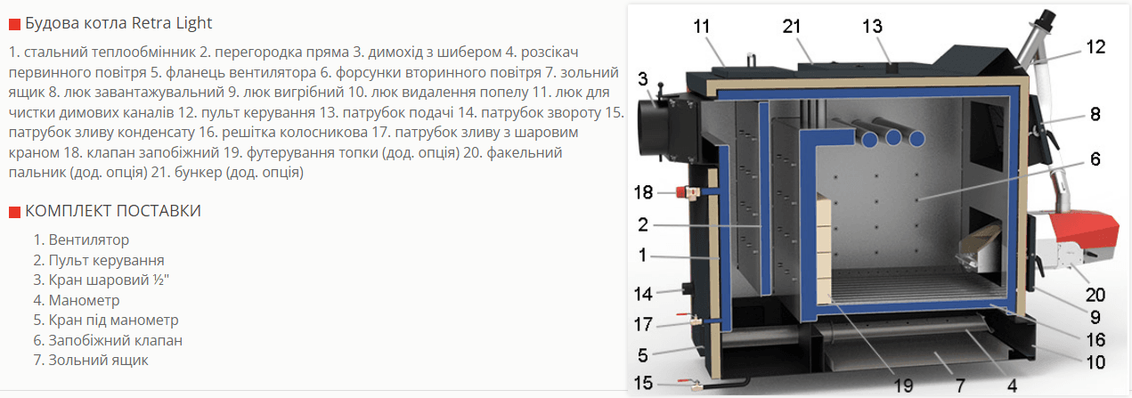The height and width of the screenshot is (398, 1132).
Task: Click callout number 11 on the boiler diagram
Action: pyautogui.click(x=702, y=26)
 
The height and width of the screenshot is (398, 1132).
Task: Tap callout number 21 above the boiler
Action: pyautogui.click(x=792, y=26)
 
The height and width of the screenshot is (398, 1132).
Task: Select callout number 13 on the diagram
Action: pyautogui.click(x=872, y=26)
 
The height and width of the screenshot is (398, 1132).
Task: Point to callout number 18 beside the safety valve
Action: pyautogui.click(x=643, y=192)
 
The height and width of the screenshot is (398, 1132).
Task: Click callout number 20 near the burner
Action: pyautogui.click(x=1095, y=295)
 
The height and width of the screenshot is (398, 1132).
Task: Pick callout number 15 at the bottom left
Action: pyautogui.click(x=643, y=383)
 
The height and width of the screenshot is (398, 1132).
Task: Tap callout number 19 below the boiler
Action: pyautogui.click(x=904, y=386)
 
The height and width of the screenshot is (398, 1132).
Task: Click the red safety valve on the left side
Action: pyautogui.click(x=684, y=192)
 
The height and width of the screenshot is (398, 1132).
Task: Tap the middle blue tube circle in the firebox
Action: pyautogui.click(x=893, y=138)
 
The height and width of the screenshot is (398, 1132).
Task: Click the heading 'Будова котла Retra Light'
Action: pyautogui.click(x=118, y=23)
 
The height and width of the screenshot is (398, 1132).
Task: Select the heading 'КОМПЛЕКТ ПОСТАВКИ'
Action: pyautogui.click(x=113, y=211)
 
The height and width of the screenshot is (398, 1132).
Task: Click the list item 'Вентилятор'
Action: pyautogui.click(x=88, y=240)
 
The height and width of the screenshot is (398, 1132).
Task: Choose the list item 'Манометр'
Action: pyautogui.click(x=84, y=300)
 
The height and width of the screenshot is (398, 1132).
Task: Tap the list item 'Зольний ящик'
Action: pyautogui.click(x=98, y=360)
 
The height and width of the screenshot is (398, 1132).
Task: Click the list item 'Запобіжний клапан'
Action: pyautogui.click(x=115, y=340)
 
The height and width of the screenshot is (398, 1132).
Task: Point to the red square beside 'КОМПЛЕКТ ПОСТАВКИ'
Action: pyautogui.click(x=14, y=212)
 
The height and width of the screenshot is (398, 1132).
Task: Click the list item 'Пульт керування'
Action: pyautogui.click(x=106, y=260)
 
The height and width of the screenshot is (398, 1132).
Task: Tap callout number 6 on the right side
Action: pyautogui.click(x=1095, y=159)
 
